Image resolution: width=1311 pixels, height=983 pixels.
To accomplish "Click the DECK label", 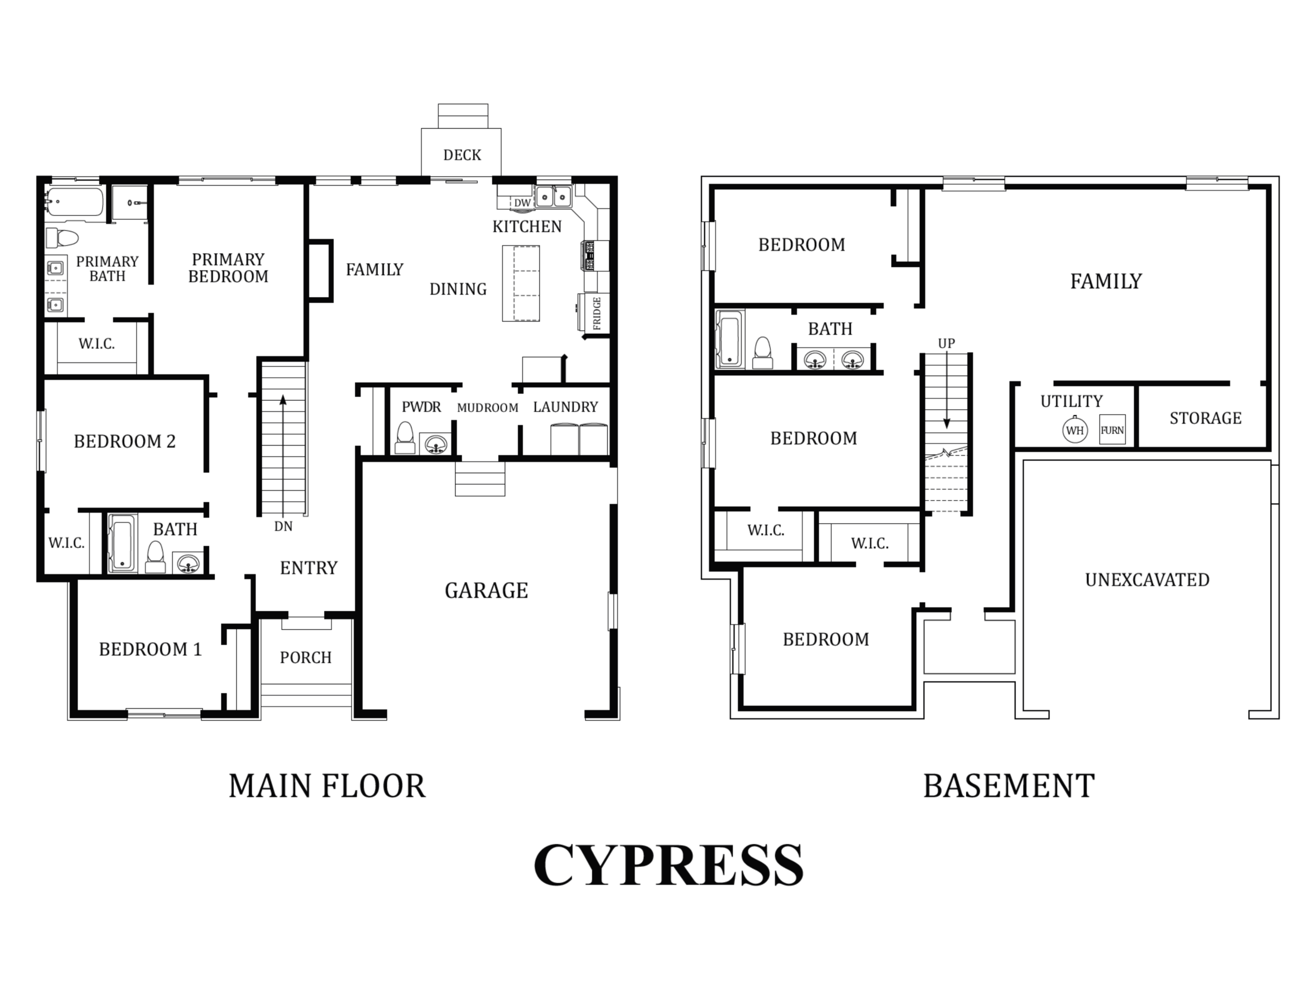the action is point(462,155).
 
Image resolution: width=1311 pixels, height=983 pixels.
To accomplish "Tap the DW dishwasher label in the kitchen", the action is point(522,203).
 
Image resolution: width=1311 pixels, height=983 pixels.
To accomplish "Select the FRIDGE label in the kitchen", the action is point(597,313).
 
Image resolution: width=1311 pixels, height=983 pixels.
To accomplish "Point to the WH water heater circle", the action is point(1075,430).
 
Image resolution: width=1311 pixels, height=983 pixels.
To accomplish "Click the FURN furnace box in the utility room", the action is point(1112,430).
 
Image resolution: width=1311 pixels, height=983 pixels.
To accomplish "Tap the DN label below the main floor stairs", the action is point(283,526).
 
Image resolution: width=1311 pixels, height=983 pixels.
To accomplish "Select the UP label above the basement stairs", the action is point(946,344).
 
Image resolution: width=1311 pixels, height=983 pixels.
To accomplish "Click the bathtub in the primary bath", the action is point(75,202).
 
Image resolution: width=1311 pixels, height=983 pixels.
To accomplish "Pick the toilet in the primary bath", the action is point(62,238).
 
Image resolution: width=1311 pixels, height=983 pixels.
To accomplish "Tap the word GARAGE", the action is point(487,591).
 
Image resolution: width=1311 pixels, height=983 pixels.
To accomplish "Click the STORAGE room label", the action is point(1206,418).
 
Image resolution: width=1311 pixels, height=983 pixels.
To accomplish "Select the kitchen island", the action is point(521,283).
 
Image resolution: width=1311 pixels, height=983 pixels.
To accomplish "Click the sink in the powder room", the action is point(436,443).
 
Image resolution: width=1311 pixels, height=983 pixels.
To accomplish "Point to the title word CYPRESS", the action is point(668,865).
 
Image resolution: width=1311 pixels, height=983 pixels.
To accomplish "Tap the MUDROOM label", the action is point(488,408).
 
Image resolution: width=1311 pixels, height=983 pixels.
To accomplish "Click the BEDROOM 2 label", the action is point(125,441).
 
